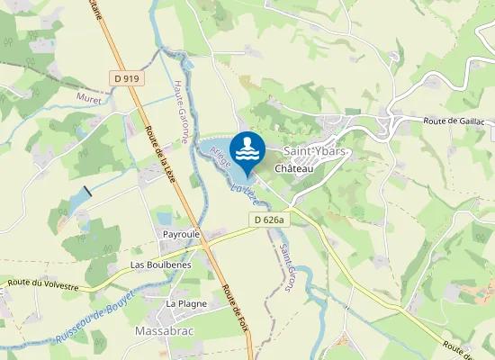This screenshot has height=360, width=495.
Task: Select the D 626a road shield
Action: tap(268, 220)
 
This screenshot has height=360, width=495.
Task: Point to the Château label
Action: tap(293, 168)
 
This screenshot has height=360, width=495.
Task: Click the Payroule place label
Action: tap(181, 234)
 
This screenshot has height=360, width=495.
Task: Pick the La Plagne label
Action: tap(186, 303)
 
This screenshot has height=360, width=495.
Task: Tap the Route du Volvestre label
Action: tap(43, 284)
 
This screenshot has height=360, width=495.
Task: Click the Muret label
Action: tap(89, 97)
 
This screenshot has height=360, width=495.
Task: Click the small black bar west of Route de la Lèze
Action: tap(87, 192)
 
